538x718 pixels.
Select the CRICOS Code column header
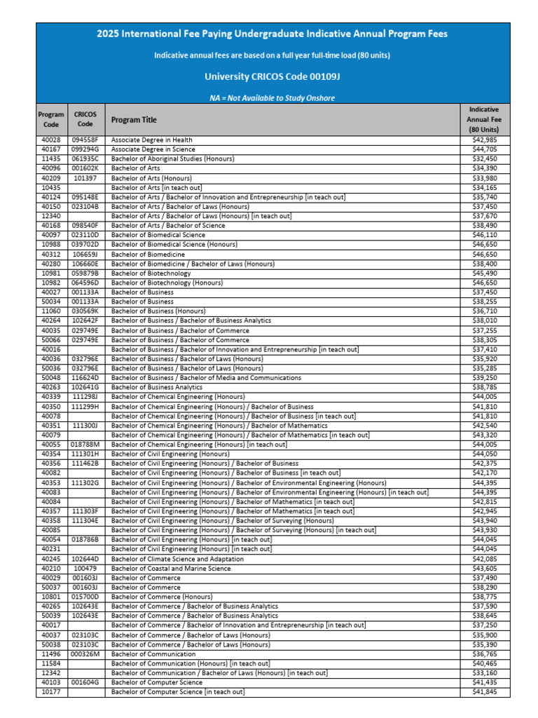pyautogui.click(x=85, y=119)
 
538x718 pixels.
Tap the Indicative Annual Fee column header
pyautogui.click(x=484, y=120)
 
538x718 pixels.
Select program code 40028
pyautogui.click(x=52, y=140)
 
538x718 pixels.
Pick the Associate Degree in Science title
pyautogui.click(x=153, y=149)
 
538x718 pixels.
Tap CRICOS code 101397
pyautogui.click(x=85, y=178)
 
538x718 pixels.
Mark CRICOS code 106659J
pyautogui.click(x=85, y=254)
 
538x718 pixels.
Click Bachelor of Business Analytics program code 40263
pyautogui.click(x=52, y=387)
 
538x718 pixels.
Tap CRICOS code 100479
pyautogui.click(x=85, y=568)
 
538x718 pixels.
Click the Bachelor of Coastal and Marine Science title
pyautogui.click(x=171, y=568)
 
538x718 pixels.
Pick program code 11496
pyautogui.click(x=52, y=653)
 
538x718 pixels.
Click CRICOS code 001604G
pyautogui.click(x=85, y=682)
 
